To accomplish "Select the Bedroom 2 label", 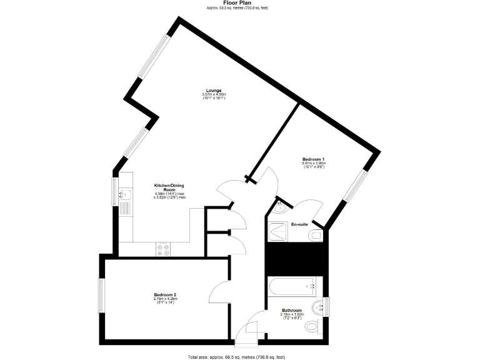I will (x=166, y=295).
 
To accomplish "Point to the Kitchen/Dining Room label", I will (x=169, y=187).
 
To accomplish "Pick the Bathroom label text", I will (x=292, y=311).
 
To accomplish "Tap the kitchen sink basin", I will (x=124, y=192).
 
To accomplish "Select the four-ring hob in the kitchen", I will (x=164, y=249).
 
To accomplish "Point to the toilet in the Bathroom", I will (x=314, y=326).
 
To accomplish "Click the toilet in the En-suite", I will (x=316, y=235).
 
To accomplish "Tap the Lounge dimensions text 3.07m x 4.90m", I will (x=214, y=94).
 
